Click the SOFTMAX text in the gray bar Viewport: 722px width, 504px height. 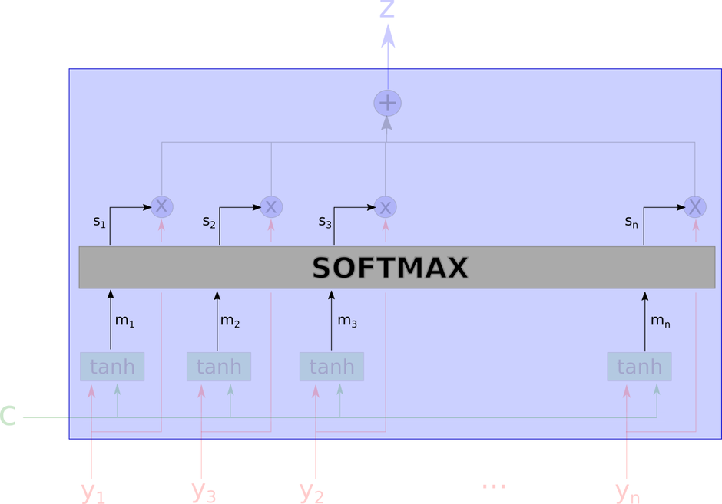click(390, 268)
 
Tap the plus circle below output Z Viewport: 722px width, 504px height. click(387, 103)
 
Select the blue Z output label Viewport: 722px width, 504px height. click(387, 8)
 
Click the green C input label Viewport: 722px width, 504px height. click(8, 417)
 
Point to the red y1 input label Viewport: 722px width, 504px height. click(93, 492)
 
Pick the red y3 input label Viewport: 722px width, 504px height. click(203, 492)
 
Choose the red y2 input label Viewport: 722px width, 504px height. click(311, 492)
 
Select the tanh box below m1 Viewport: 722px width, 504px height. click(112, 367)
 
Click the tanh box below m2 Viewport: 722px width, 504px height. click(219, 367)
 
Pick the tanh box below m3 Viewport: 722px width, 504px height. click(332, 367)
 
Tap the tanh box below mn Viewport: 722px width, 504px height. click(639, 367)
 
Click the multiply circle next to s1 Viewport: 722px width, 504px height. click(161, 206)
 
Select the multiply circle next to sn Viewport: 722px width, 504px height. click(695, 206)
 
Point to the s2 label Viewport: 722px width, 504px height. click(209, 222)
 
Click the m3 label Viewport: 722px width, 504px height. click(347, 321)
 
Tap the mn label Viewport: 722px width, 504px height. click(661, 321)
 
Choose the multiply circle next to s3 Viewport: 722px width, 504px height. click(386, 206)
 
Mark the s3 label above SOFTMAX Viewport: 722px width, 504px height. click(325, 222)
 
